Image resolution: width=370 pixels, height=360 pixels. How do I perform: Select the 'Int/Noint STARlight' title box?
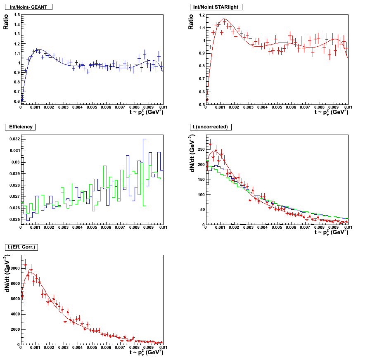217,7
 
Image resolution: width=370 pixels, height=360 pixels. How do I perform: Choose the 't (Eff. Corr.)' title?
21,247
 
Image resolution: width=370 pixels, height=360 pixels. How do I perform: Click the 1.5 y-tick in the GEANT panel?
17,15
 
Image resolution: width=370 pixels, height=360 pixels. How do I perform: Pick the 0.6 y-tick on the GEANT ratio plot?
17,101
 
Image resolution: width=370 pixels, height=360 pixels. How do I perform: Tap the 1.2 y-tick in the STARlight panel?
202,15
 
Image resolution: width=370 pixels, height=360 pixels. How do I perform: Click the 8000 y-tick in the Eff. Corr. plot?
14,284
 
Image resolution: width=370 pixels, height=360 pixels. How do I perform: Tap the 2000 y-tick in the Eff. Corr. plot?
14,329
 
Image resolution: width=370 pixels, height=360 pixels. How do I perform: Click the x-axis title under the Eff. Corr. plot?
146,353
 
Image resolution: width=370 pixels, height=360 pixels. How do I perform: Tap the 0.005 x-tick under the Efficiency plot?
92,227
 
